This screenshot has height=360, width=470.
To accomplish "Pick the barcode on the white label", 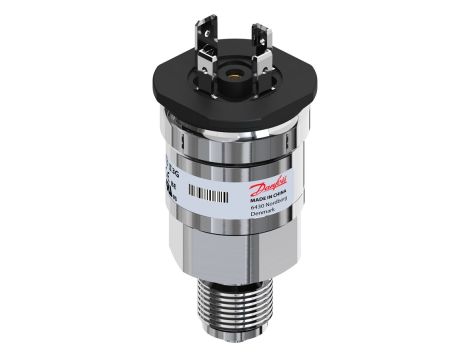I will pyautogui.click(x=213, y=193).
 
